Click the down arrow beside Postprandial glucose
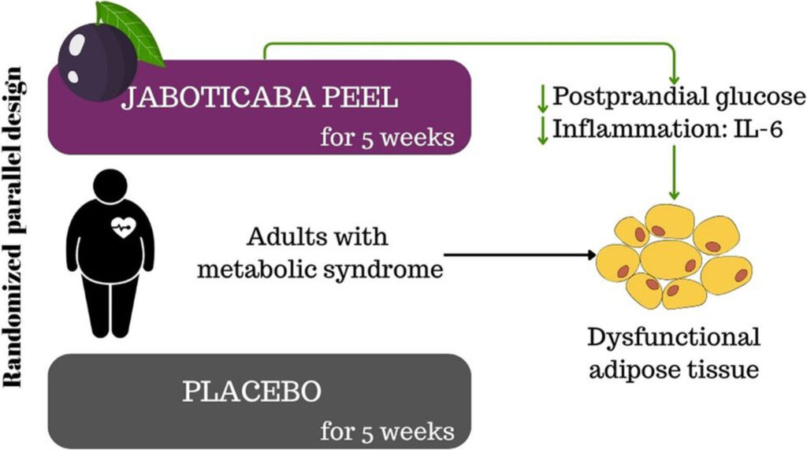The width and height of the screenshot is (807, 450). (542, 98)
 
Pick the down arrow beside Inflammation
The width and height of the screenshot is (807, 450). (542, 130)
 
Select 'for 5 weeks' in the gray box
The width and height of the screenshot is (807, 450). (387, 431)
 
